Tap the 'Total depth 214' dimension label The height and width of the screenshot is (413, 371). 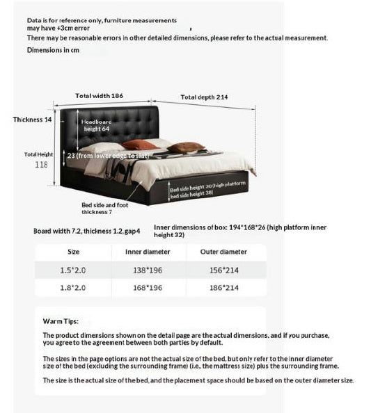(205, 97)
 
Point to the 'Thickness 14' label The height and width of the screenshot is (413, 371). (33, 120)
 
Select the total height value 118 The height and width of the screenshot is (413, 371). (42, 165)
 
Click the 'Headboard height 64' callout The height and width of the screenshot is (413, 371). (97, 125)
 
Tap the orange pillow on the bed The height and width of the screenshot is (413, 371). (140, 145)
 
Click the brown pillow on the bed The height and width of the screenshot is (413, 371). (186, 147)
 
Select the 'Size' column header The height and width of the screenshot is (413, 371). (73, 252)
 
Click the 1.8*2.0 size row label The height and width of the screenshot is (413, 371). (73, 287)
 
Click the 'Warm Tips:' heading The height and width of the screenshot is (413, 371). (61, 322)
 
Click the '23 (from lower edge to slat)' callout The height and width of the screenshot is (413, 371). (106, 156)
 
